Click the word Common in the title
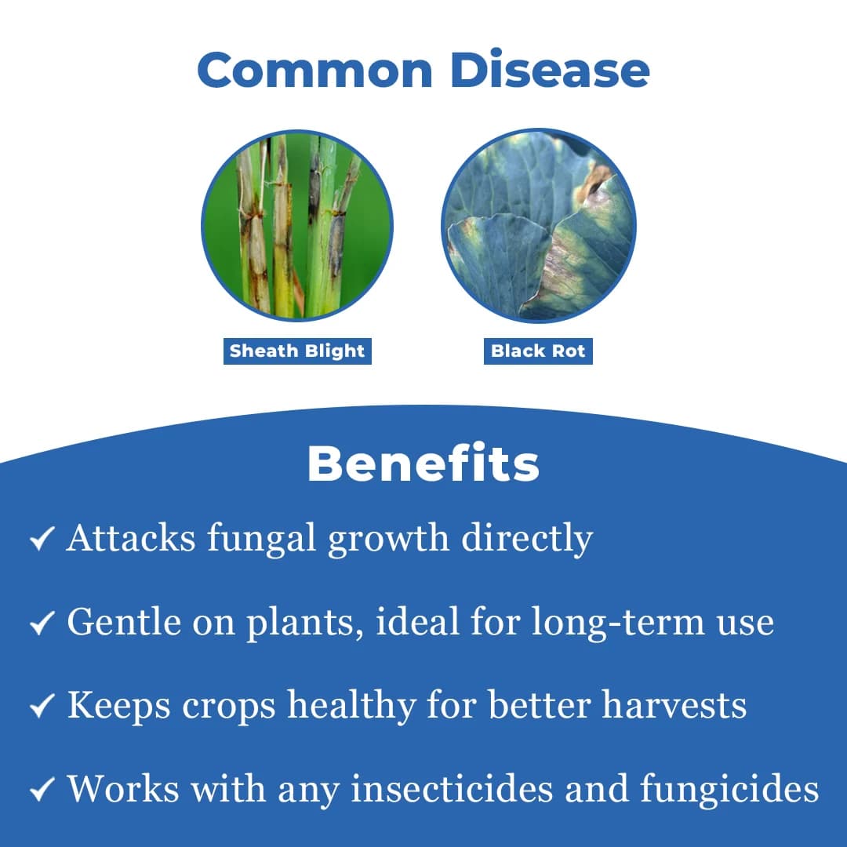point(315,70)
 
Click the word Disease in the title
point(550,69)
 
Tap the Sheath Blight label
point(298,351)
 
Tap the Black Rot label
point(538,351)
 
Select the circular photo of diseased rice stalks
point(297,225)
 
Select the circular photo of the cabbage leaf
point(539,225)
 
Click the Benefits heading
point(423,463)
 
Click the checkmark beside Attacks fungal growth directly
point(42,539)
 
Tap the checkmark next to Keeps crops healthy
point(42,706)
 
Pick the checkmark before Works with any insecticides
point(42,789)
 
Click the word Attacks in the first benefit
point(131,538)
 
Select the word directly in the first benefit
point(527,539)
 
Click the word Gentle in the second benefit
point(124,622)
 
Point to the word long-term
point(618,623)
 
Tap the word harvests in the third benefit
point(674,705)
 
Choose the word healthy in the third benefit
point(351,706)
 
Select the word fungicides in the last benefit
point(730,790)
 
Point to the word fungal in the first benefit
point(261,539)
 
